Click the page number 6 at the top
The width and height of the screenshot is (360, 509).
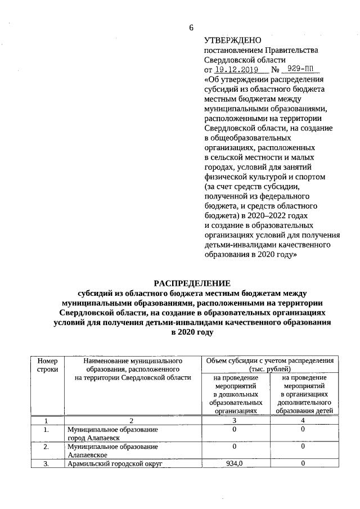pos(191,28)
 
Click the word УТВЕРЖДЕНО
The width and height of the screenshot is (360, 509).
pos(233,40)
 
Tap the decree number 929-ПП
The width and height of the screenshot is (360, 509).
pos(300,70)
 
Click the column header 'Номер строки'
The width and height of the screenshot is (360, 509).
pos(47,364)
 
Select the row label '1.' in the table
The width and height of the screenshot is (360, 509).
pos(47,429)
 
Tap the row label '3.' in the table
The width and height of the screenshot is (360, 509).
pos(47,464)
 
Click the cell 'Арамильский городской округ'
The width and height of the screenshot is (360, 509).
pos(114,465)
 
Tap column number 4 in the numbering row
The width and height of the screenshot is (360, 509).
pos(303,420)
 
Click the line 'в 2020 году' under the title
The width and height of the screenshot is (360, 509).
pos(192,332)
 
